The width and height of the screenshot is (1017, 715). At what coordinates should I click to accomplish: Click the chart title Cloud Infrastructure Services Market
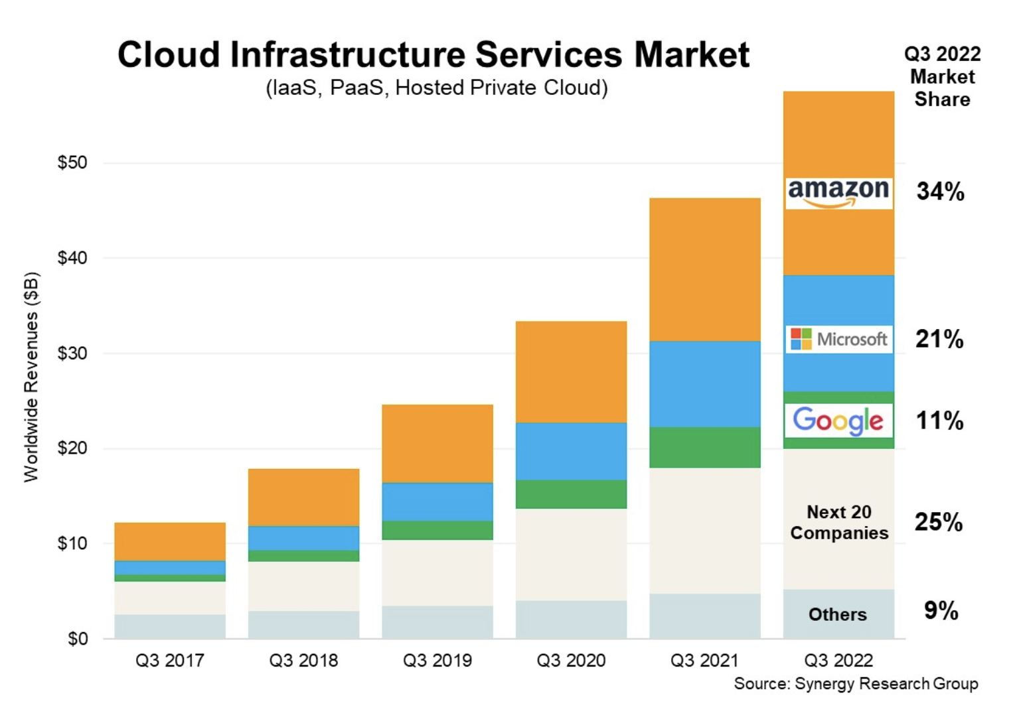coord(433,54)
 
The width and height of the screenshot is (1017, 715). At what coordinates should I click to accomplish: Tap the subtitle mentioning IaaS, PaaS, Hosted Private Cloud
coord(436,88)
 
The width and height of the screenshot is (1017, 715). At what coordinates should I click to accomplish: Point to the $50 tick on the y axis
coord(72,162)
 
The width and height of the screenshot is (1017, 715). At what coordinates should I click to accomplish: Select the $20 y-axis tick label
coord(72,448)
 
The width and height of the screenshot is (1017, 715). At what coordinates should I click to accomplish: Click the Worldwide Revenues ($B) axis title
coord(31,377)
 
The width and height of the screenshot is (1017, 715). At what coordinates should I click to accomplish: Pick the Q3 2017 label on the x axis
coord(170,661)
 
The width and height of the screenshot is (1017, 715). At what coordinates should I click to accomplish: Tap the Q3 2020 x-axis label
coord(571,661)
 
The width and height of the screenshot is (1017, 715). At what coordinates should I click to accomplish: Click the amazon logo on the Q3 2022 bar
coord(838,193)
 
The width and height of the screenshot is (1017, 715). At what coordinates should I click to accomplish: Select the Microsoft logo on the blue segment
coord(839,340)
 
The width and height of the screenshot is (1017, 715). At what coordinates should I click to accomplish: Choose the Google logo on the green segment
coord(838,421)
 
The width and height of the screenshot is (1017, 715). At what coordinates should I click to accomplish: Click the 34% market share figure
coord(940,192)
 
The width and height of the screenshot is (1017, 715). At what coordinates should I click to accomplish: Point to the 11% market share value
coord(939,421)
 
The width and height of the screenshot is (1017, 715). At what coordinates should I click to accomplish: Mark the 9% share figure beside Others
coord(941,611)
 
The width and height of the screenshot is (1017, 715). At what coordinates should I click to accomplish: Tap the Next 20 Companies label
coord(839,523)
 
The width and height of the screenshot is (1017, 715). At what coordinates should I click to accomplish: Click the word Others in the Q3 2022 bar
coord(838,615)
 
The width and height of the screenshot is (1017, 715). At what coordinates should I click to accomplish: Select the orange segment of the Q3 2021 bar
coord(705,269)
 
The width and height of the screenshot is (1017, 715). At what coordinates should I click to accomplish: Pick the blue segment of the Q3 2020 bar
coord(571,451)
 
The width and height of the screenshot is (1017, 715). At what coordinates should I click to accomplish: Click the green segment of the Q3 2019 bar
coord(437,530)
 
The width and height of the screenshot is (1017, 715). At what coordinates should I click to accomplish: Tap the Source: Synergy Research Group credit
coord(856,684)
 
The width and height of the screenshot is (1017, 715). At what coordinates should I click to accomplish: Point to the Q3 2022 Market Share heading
coord(942,76)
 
